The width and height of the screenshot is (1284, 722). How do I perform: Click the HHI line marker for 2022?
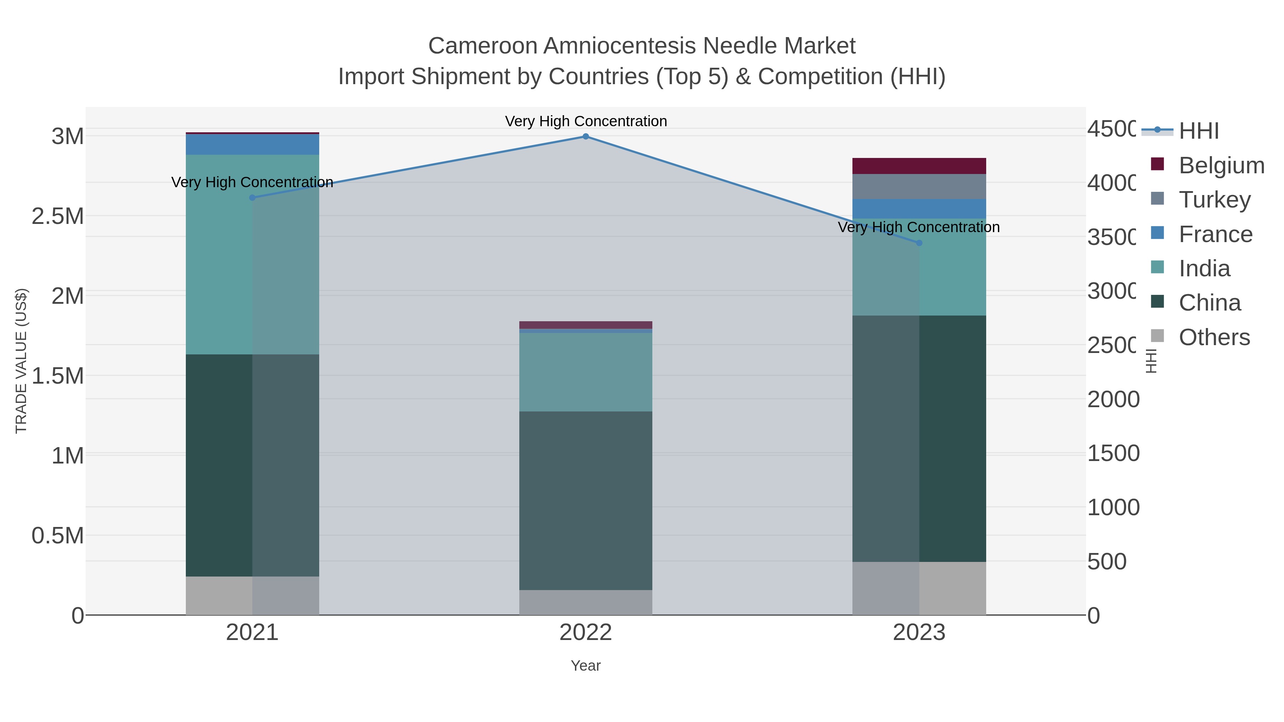click(586, 137)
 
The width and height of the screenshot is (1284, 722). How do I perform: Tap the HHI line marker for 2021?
click(252, 198)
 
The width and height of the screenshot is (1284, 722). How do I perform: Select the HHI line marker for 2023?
click(919, 243)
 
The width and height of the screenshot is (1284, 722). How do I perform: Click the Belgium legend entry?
click(1221, 165)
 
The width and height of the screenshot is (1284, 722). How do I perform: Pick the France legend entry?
click(1215, 234)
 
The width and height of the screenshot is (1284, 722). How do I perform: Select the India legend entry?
click(1204, 268)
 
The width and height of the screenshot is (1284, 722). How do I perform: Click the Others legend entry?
click(1214, 337)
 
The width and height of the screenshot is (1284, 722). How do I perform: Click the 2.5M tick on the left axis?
click(58, 216)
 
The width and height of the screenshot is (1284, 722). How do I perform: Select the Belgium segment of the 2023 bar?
click(919, 166)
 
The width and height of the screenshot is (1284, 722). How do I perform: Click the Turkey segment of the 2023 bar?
click(919, 186)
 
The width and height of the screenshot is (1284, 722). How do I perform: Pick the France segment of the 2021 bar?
click(252, 144)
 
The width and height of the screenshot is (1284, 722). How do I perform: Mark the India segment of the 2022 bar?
click(586, 372)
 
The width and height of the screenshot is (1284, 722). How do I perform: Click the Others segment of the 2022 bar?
click(586, 603)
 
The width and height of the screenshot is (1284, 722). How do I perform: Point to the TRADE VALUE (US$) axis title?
click(21, 361)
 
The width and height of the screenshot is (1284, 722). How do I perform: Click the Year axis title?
click(586, 666)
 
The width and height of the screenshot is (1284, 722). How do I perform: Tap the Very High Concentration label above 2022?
click(586, 121)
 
